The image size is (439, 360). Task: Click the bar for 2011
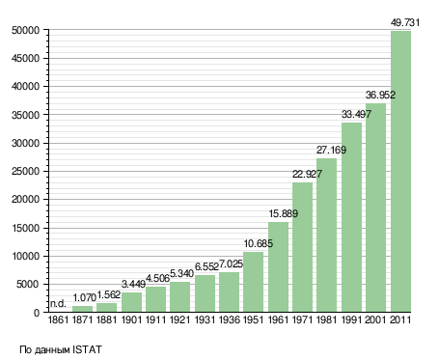[x=400, y=172]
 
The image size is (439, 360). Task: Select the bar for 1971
[x=302, y=247]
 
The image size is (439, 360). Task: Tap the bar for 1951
[x=253, y=282]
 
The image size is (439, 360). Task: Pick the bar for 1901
[x=131, y=302]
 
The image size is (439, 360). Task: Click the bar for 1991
[x=351, y=217]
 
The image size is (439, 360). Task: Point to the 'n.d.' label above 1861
[x=58, y=303]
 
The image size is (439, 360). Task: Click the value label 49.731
[x=405, y=22]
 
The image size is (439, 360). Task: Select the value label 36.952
[x=380, y=95]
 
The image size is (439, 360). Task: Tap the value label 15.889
[x=284, y=213]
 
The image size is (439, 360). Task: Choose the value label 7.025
[x=231, y=264]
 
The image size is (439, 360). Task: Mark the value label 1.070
[x=85, y=297]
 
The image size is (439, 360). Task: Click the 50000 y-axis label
[x=25, y=30]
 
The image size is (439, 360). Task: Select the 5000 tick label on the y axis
[x=28, y=285]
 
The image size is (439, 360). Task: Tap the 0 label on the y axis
[x=37, y=313]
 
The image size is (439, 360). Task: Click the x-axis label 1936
[x=230, y=319]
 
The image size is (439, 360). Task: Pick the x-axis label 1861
[x=58, y=319]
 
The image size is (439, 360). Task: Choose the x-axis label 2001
[x=375, y=319]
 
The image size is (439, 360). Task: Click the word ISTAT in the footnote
[x=87, y=349]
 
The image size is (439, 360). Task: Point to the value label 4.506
[x=157, y=278]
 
